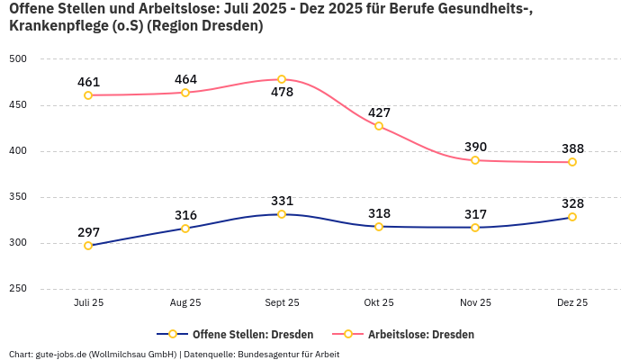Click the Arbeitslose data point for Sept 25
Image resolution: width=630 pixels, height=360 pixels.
(282, 79)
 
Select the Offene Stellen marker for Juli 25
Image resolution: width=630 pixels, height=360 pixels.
(88, 246)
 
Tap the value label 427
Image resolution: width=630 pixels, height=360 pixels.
(379, 112)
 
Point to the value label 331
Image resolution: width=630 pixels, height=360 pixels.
(282, 201)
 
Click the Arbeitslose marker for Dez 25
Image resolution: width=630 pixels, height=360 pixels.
(572, 162)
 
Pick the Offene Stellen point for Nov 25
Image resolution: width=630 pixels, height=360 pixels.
(475, 227)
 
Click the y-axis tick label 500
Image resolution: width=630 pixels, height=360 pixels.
(19, 59)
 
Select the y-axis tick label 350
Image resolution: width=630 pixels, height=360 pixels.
(19, 197)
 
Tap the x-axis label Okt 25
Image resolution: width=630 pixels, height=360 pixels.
(379, 303)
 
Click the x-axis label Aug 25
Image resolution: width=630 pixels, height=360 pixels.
(185, 303)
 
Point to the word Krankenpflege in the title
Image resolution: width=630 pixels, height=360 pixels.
(53, 26)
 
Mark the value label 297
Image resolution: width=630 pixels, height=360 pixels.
(88, 232)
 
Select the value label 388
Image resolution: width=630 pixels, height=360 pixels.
(572, 148)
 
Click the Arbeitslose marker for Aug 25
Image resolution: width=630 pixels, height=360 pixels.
(185, 93)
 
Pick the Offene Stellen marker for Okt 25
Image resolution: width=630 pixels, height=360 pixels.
(379, 227)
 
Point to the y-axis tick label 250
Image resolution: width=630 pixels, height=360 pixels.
(19, 289)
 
